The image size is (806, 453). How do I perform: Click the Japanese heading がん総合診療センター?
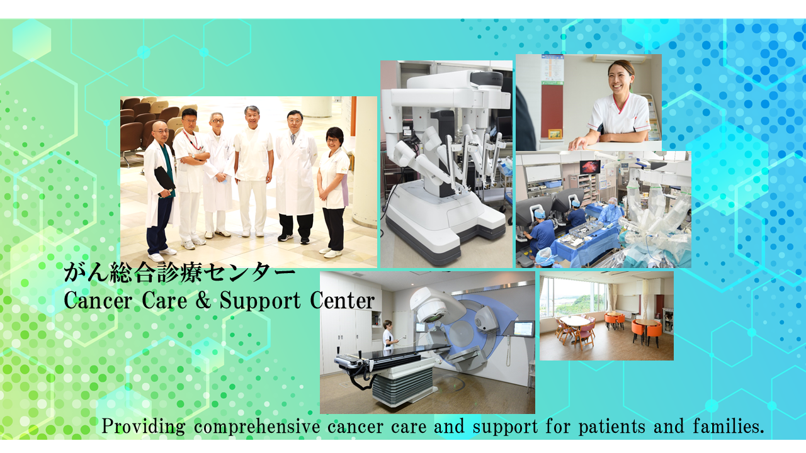(179, 273)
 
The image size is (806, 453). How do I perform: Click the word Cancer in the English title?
(98, 301)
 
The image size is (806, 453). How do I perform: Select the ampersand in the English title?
(203, 300)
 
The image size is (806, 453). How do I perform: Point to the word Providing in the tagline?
(144, 427)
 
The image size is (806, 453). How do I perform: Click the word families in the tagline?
(728, 427)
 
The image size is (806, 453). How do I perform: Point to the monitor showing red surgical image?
(590, 167)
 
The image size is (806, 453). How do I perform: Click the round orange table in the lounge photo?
(647, 328)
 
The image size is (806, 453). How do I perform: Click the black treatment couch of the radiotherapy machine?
(391, 354)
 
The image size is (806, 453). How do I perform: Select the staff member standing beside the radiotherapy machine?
(389, 337)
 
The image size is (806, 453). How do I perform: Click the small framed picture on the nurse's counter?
(555, 133)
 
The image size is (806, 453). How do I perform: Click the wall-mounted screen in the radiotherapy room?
(523, 329)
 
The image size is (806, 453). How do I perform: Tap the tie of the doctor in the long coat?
(293, 138)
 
